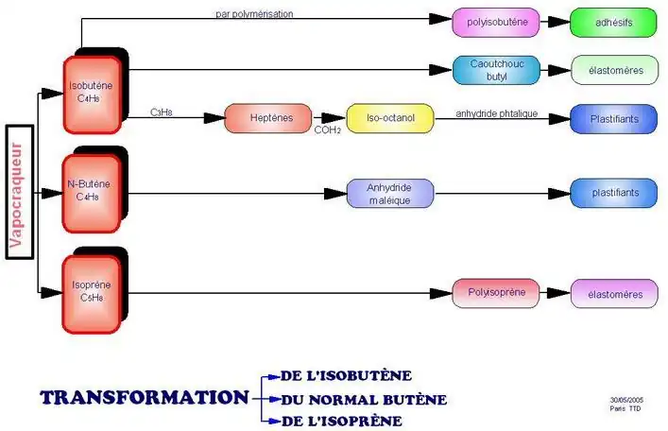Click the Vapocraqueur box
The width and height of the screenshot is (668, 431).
[20, 191]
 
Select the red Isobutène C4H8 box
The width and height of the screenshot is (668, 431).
[92, 95]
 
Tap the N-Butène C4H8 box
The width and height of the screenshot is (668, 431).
[92, 192]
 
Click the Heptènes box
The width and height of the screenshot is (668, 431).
[267, 118]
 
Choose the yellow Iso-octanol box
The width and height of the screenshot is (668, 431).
[389, 118]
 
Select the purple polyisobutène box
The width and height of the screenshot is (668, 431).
[496, 21]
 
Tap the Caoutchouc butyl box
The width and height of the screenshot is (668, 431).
[497, 69]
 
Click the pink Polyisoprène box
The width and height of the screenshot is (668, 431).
[496, 292]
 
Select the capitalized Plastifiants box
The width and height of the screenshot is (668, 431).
[613, 119]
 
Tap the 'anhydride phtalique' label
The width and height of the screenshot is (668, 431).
[496, 113]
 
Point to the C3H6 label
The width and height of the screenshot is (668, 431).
[161, 112]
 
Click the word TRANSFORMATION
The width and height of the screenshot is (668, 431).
[145, 397]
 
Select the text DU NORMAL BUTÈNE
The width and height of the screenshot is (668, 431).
[363, 400]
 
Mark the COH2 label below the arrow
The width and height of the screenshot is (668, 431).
[328, 129]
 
